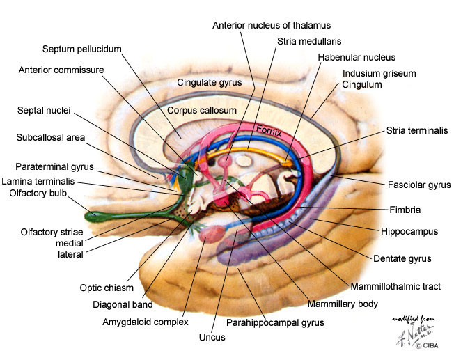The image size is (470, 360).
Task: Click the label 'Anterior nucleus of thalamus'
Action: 272,25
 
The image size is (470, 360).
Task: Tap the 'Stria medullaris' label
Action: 309,41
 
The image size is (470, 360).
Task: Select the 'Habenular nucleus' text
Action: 357,57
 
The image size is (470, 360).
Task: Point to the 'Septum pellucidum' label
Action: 82,49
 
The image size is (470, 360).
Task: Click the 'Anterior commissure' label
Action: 61,70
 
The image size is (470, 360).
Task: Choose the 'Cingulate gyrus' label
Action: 209,82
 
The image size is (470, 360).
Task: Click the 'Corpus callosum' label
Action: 202,110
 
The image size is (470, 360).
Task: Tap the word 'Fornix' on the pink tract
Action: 269,131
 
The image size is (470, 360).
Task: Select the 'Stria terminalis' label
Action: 417,130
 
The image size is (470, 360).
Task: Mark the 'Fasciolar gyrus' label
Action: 419,185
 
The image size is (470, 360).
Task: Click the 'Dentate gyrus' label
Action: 402,258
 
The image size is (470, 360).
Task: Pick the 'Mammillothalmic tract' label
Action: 395,287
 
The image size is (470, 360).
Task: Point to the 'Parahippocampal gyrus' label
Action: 275,322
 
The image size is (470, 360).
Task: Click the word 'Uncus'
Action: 212,337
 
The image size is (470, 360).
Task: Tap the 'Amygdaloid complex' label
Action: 146,322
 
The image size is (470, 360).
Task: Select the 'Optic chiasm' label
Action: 107,288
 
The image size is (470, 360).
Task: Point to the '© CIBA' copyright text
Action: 427,345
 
